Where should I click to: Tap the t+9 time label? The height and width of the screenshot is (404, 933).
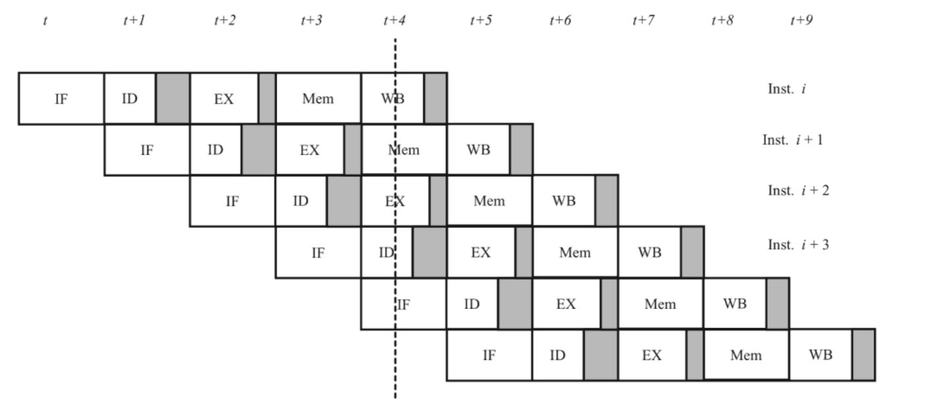coord(801,20)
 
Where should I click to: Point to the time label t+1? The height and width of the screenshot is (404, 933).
coord(134,20)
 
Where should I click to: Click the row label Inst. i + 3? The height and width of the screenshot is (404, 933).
coord(798,245)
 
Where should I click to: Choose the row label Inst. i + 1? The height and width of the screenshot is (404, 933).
coord(792,140)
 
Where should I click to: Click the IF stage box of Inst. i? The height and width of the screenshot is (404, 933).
coord(61,99)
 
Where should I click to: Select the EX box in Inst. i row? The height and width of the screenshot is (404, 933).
coord(224,99)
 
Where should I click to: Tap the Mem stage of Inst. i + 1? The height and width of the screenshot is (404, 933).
coord(404,150)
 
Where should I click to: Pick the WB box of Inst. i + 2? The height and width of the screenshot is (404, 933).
coord(563,201)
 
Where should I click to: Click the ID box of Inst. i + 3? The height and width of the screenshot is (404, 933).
coord(386,252)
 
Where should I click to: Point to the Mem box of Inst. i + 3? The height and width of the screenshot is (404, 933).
coord(575,252)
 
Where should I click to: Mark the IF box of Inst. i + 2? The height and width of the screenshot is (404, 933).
coord(232,201)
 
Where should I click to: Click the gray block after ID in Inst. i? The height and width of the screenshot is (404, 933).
coord(173,99)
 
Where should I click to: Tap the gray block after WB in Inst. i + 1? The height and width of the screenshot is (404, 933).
coord(521,150)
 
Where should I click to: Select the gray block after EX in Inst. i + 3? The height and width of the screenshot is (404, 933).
coord(524,252)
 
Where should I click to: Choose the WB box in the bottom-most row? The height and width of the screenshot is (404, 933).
coord(820,354)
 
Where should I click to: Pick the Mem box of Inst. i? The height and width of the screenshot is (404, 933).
coord(318,99)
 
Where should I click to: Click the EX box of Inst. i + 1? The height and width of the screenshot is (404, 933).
coord(310,150)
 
